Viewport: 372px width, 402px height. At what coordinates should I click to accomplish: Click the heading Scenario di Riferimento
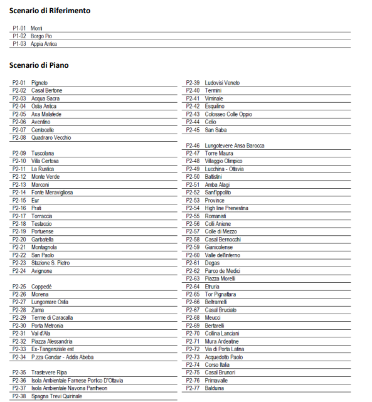(x=50, y=11)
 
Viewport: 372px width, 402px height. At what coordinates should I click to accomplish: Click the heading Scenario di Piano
(x=39, y=65)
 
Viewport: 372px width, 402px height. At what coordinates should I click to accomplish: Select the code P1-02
(x=19, y=36)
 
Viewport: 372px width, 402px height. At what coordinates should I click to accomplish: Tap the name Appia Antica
(x=44, y=44)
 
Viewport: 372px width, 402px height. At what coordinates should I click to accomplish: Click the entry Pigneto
(x=40, y=83)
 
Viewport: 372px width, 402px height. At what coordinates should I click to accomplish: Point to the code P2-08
(x=19, y=137)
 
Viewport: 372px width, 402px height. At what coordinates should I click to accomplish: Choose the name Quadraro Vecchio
(x=51, y=137)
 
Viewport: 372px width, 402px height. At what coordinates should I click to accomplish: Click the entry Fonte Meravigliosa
(x=52, y=193)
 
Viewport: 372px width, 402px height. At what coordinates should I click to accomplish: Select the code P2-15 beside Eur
(x=19, y=200)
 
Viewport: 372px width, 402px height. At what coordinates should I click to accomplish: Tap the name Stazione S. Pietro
(x=51, y=263)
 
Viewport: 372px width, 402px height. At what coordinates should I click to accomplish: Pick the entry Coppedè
(x=41, y=287)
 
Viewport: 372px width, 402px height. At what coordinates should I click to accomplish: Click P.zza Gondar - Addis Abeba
(x=62, y=357)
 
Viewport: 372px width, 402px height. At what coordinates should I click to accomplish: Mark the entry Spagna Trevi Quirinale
(x=58, y=396)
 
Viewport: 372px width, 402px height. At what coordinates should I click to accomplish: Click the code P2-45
(x=193, y=130)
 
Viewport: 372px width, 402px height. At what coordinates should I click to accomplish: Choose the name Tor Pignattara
(x=221, y=294)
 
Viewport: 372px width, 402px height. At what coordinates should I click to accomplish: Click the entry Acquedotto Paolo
(x=224, y=357)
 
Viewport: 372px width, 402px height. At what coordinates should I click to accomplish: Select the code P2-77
(x=193, y=388)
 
